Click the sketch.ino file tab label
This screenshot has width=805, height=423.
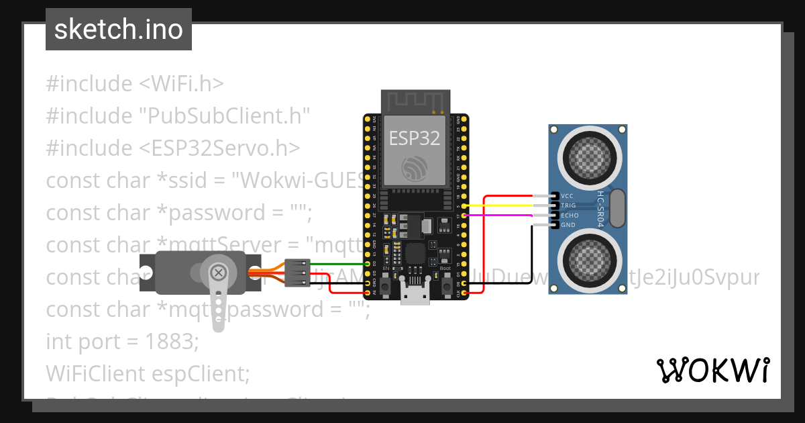click(x=118, y=30)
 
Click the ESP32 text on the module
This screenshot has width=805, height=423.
click(x=415, y=138)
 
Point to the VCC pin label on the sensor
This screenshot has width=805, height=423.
click(x=568, y=196)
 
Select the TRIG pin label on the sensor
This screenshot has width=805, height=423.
click(x=569, y=205)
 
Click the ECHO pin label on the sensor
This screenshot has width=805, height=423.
click(x=570, y=216)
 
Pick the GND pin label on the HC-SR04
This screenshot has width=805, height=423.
click(x=568, y=225)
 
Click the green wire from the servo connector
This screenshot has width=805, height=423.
click(x=335, y=263)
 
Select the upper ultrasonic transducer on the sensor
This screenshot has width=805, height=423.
click(x=588, y=156)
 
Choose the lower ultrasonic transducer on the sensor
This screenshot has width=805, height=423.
click(x=588, y=261)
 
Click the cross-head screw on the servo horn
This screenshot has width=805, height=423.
click(x=218, y=273)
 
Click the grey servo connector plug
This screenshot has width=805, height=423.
click(x=296, y=273)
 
